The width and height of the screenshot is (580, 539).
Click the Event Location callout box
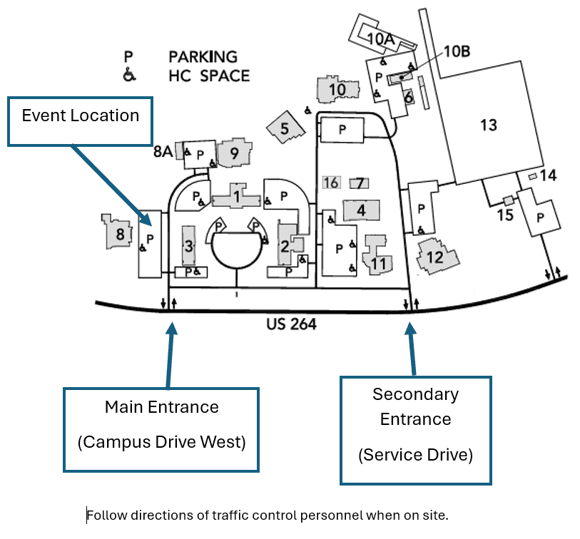(x=80, y=121)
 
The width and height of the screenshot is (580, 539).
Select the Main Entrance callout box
(x=161, y=429)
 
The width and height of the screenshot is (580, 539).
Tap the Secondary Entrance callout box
(x=415, y=431)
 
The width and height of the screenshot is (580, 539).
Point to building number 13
(x=488, y=125)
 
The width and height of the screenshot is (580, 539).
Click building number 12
(x=434, y=256)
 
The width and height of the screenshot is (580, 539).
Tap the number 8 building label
(x=120, y=233)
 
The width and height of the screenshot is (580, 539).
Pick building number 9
(x=233, y=152)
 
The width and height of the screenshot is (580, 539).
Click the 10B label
(x=457, y=51)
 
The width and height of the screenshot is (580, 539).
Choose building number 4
(x=361, y=210)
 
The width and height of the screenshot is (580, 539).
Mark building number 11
(x=378, y=263)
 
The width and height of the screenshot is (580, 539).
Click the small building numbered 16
(x=330, y=183)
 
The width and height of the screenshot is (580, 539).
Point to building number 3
(x=188, y=247)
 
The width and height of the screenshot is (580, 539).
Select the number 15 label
(x=505, y=214)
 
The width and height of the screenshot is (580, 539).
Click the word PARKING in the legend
(x=203, y=56)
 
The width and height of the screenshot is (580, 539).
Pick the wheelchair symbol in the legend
(x=128, y=75)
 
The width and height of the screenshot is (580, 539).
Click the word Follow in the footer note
(x=105, y=515)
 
